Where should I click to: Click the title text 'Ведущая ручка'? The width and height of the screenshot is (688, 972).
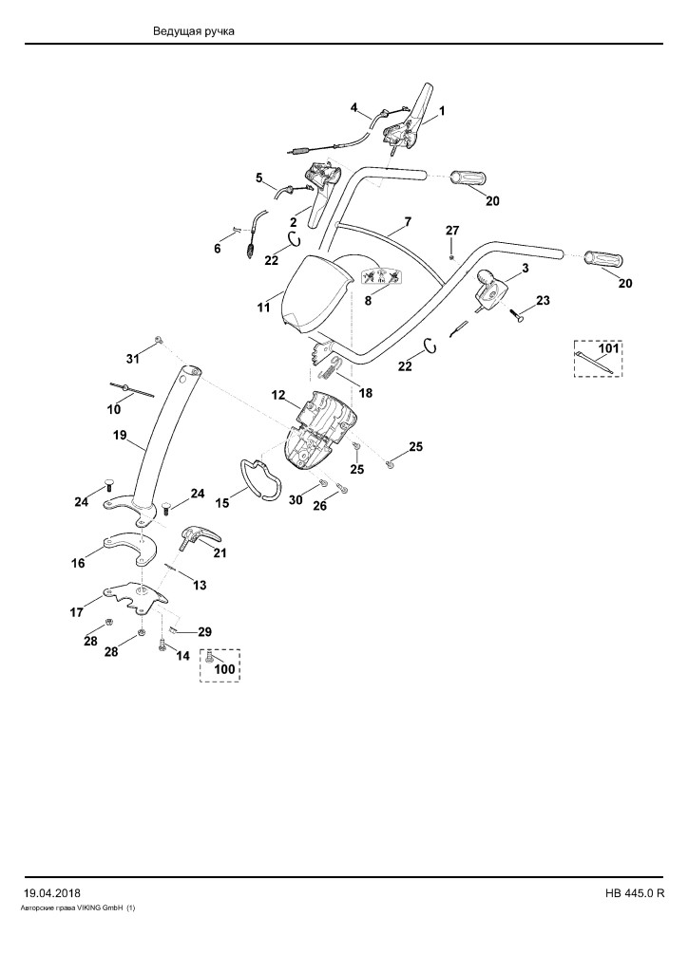[x=194, y=31]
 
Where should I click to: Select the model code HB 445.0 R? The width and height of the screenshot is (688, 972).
[x=635, y=893]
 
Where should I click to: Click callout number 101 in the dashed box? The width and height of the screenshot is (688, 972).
[x=608, y=348]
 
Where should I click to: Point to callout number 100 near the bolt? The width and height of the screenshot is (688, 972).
[x=224, y=669]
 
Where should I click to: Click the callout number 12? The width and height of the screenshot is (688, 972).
[x=277, y=395]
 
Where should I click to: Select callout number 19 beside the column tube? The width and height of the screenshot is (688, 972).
[x=120, y=435]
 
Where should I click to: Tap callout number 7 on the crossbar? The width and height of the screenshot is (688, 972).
[x=408, y=221]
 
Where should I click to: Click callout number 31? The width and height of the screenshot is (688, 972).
[x=133, y=358]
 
